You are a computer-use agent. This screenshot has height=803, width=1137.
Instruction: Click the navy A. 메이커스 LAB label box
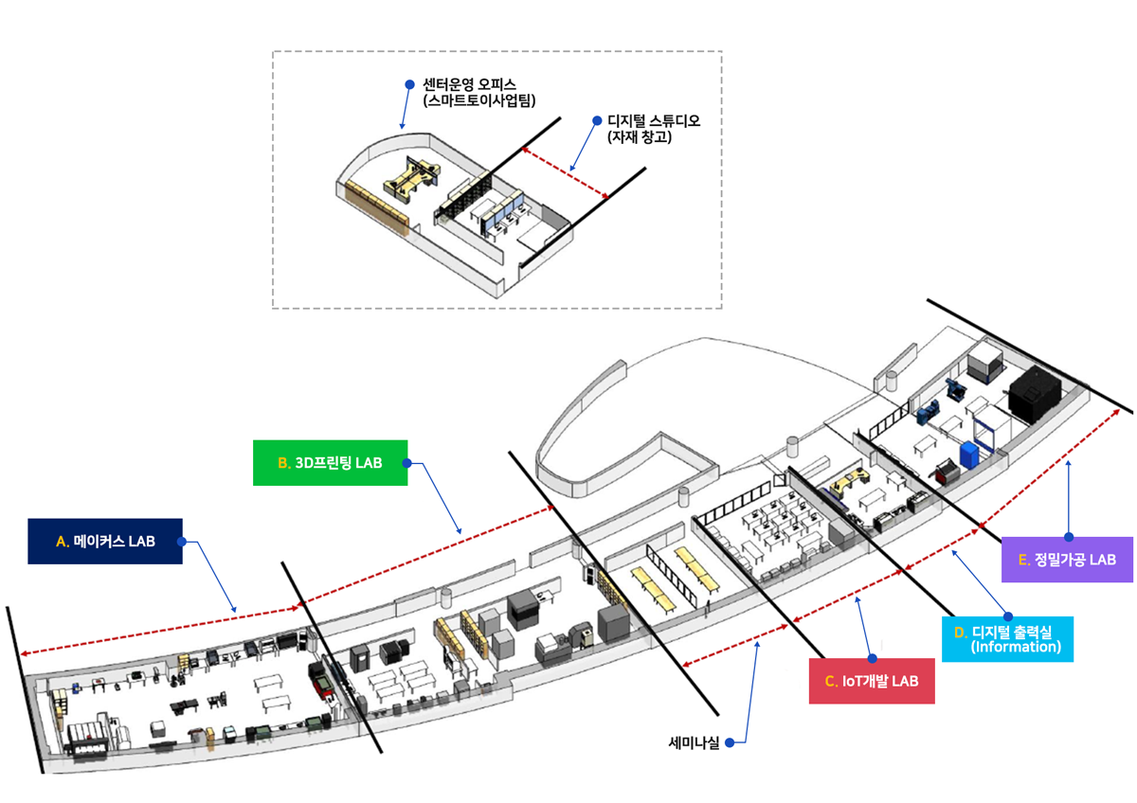click(x=104, y=542)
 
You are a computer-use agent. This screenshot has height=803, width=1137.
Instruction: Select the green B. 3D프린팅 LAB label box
click(x=330, y=463)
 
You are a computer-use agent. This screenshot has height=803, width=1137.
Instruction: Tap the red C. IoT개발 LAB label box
click(x=872, y=681)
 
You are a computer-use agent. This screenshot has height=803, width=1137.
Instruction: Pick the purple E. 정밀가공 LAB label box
click(x=1067, y=560)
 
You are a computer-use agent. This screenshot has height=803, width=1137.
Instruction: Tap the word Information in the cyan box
click(x=1016, y=648)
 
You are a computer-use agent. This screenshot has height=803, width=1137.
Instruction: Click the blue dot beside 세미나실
click(x=731, y=743)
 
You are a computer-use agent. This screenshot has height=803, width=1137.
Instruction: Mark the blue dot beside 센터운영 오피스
click(x=409, y=83)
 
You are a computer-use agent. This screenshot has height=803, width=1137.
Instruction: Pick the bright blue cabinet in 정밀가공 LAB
click(x=970, y=453)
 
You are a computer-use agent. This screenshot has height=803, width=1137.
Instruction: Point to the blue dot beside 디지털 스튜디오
click(x=597, y=120)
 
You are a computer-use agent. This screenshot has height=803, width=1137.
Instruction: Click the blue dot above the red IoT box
click(x=872, y=657)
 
